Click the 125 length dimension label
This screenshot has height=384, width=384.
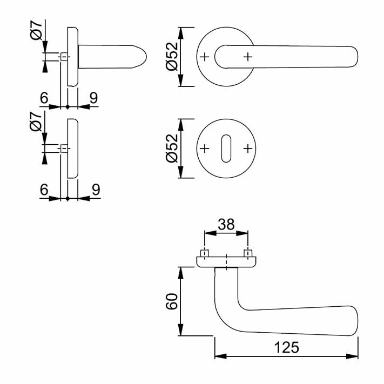287,347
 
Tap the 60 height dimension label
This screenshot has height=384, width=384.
172,301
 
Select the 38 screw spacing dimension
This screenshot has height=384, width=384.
226,224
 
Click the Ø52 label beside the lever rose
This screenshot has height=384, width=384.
172,57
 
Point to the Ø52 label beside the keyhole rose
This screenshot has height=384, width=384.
172,149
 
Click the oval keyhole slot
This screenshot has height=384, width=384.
226,149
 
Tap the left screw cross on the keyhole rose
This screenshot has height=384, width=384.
205,149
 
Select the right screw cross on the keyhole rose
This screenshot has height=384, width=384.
248,149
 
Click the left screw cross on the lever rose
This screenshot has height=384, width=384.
205,57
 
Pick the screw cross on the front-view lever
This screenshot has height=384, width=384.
248,57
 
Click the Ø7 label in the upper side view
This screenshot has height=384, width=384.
36,30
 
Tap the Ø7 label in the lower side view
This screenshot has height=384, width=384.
36,122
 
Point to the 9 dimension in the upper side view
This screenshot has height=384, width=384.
93,98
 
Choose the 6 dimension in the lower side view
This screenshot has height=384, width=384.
44,190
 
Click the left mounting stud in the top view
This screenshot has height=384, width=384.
205,253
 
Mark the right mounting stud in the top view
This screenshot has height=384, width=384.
248,253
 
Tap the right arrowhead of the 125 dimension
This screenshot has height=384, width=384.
352,356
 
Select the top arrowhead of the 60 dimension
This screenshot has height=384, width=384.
180,273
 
